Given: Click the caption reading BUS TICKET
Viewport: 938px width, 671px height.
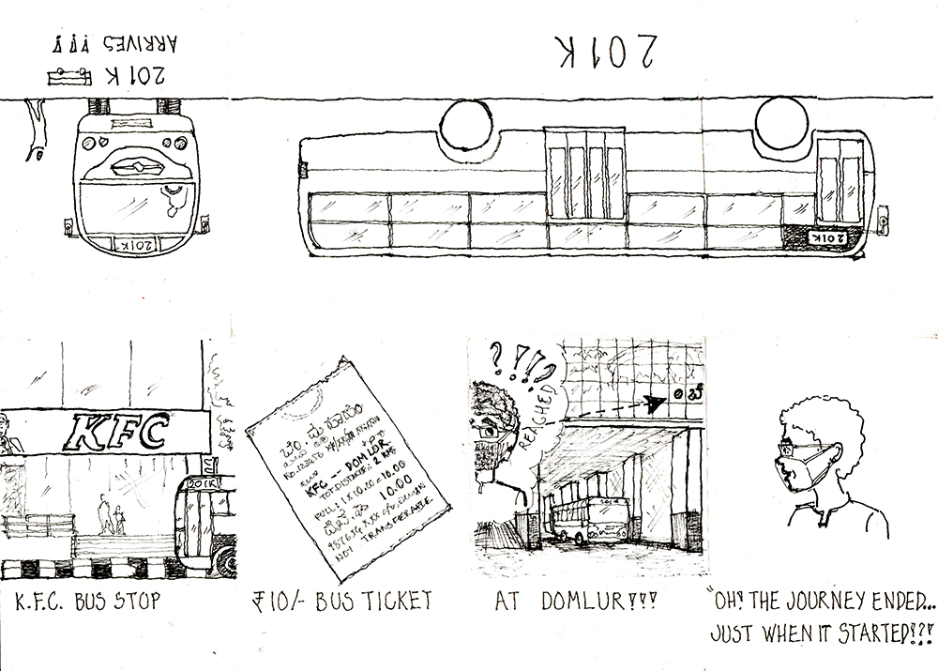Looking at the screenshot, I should pyautogui.click(x=371, y=600).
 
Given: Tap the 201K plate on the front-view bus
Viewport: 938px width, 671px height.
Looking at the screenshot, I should pyautogui.click(x=138, y=244).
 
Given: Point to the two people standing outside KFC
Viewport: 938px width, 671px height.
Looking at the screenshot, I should pyautogui.click(x=110, y=515).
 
